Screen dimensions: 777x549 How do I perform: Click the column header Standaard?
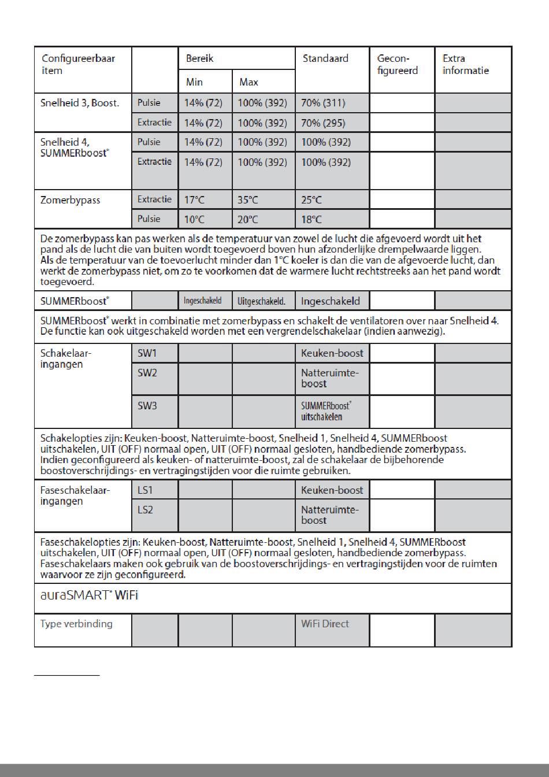click(x=325, y=58)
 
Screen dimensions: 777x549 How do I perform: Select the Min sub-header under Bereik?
click(x=194, y=82)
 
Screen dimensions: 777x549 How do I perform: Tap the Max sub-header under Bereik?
click(x=248, y=82)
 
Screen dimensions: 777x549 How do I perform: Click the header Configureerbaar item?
click(x=78, y=64)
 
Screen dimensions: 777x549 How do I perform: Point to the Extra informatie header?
click(x=465, y=64)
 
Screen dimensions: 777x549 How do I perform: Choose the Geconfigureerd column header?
click(x=397, y=64)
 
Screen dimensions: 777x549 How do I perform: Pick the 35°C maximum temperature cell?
click(x=248, y=200)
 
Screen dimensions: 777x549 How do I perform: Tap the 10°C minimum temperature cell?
click(x=194, y=220)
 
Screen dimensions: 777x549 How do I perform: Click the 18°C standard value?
click(x=311, y=220)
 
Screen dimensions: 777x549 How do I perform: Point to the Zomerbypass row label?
click(x=70, y=200)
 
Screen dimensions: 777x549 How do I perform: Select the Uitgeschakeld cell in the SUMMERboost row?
click(x=261, y=301)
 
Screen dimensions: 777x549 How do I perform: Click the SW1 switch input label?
click(x=147, y=353)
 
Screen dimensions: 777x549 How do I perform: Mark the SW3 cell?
click(x=147, y=406)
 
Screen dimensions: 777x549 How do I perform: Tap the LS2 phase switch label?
click(x=145, y=510)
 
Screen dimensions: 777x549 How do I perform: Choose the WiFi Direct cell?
click(x=325, y=624)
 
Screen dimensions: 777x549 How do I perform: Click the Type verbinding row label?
click(x=76, y=624)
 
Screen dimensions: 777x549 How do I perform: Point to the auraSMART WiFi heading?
click(x=89, y=595)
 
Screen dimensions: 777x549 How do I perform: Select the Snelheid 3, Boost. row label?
click(x=80, y=103)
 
